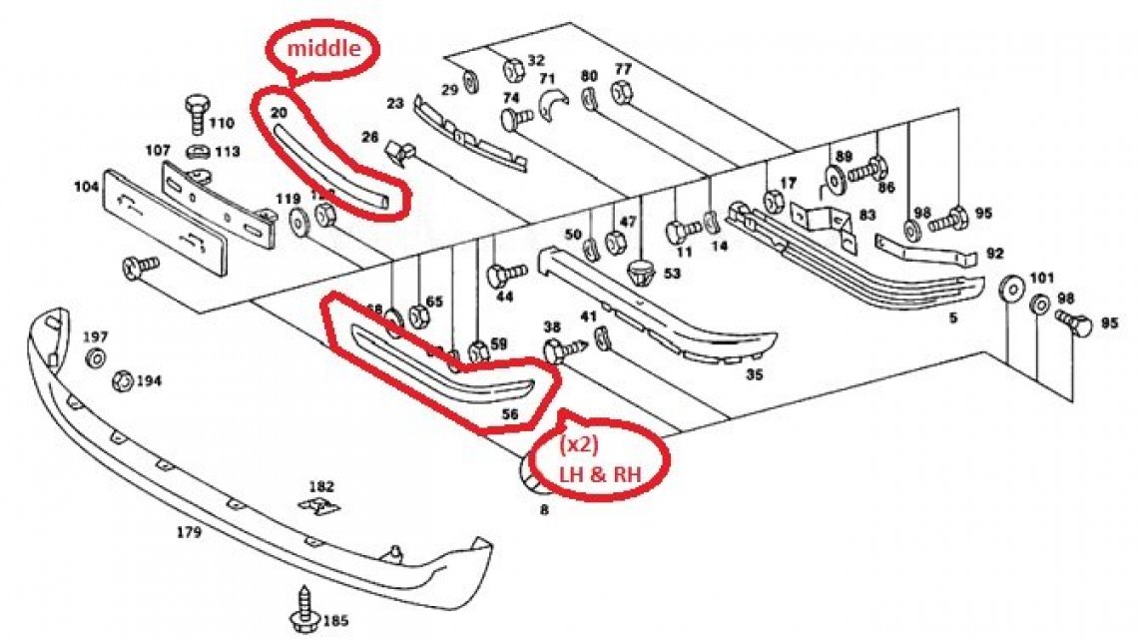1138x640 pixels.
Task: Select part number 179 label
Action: point(189,532)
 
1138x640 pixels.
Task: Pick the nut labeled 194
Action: point(124,379)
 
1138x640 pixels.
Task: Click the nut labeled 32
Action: point(512,70)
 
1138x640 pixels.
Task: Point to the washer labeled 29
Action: point(472,79)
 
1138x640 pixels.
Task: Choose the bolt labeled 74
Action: point(515,121)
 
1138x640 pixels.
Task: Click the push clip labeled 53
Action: point(642,270)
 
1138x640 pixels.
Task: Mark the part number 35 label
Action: point(755,375)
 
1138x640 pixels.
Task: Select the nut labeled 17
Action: point(772,200)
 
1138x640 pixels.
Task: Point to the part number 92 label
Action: point(994,254)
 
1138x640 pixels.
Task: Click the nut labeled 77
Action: point(619,92)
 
